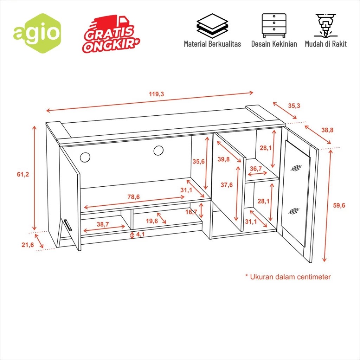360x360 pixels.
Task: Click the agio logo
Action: pyautogui.click(x=37, y=33)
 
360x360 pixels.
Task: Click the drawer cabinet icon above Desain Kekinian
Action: pyautogui.click(x=274, y=26)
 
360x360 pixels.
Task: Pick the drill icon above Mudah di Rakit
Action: pyautogui.click(x=326, y=26)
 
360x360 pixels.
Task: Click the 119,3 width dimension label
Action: pyautogui.click(x=156, y=94)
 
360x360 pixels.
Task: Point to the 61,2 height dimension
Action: pyautogui.click(x=23, y=174)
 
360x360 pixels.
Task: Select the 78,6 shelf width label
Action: pyautogui.click(x=133, y=197)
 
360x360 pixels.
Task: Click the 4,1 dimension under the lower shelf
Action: pyautogui.click(x=140, y=234)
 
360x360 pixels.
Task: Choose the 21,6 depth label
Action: pyautogui.click(x=27, y=245)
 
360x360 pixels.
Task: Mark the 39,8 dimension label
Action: pyautogui.click(x=224, y=159)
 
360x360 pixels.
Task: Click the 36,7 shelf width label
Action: pyautogui.click(x=256, y=169)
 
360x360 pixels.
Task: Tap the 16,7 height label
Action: pyautogui.click(x=191, y=212)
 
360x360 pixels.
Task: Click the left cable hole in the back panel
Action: pyautogui.click(x=85, y=157)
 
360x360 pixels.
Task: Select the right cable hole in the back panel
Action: pyautogui.click(x=159, y=150)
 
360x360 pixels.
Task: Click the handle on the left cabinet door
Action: pyautogui.click(x=67, y=225)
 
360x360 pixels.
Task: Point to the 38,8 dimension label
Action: pyautogui.click(x=327, y=130)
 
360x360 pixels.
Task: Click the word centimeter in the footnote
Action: pyautogui.click(x=314, y=277)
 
